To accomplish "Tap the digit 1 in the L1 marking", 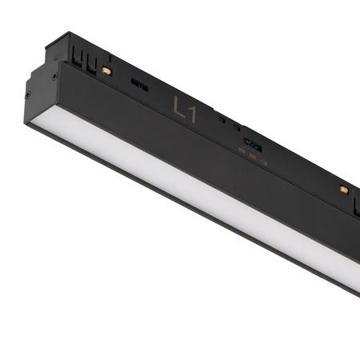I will click(190, 113).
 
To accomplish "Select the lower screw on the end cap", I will click(33, 94).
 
